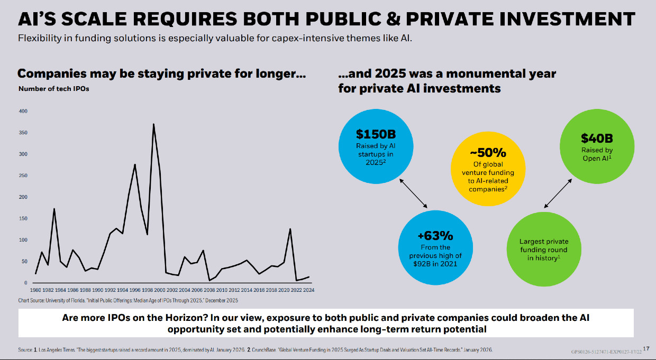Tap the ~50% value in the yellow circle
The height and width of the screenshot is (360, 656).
point(488,153)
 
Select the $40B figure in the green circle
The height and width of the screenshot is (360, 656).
point(597,139)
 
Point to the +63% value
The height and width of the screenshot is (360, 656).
point(435,236)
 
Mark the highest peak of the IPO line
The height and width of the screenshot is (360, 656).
point(153,124)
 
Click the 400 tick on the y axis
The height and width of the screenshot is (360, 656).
point(23,111)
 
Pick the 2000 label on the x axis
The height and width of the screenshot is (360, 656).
point(160,290)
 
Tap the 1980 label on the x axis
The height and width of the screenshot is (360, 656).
point(35,290)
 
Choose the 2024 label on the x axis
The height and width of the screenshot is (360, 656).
point(309,290)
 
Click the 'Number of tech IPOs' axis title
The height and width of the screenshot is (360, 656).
point(54,89)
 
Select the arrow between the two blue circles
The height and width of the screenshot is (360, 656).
point(414,193)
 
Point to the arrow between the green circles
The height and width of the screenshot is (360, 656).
point(558,192)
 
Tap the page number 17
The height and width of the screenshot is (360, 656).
point(647,348)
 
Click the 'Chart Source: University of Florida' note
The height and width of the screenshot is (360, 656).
point(128,301)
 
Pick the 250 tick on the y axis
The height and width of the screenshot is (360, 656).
point(23,176)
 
